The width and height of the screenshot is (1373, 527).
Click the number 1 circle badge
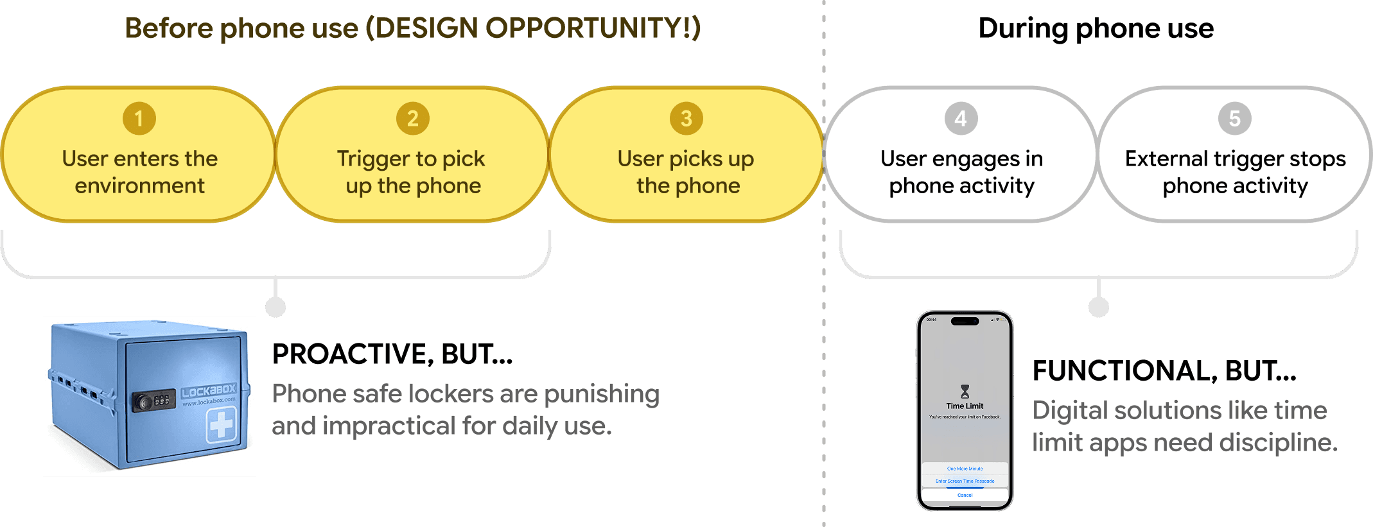pos(139,119)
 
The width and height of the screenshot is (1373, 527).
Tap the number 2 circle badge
pos(413,119)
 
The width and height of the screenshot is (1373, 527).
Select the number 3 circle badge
pos(686,119)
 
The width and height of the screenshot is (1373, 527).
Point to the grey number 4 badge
pos(961,119)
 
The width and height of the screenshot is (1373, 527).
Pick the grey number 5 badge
pos(1235,119)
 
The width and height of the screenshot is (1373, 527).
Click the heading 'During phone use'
pos(1096,29)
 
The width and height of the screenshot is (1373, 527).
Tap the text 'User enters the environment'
pos(140,172)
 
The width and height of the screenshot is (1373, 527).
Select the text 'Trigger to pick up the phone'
pos(412,172)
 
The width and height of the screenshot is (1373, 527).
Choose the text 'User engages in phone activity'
pos(961,172)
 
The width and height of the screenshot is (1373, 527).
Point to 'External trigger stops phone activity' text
pos(1235,172)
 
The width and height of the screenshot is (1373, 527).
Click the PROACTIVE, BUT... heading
pos(392,354)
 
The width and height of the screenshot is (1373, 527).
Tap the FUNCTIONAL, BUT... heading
pos(1164,371)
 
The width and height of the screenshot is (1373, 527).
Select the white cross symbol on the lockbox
pos(221,425)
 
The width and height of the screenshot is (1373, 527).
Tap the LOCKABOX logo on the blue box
pos(209,390)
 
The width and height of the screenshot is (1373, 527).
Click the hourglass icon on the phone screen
pos(965,391)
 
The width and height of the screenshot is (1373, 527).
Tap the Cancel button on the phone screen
pos(965,496)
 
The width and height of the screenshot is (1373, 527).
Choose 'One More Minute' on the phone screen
pos(965,469)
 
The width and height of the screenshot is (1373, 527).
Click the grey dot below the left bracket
pos(275,307)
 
